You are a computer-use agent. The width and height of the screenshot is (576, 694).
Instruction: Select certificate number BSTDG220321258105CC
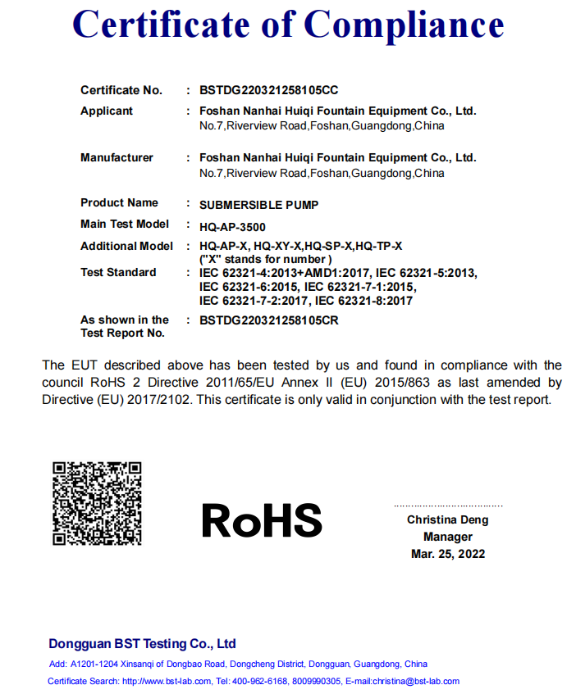click(x=268, y=90)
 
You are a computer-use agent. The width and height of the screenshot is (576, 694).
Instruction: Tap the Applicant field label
click(x=107, y=111)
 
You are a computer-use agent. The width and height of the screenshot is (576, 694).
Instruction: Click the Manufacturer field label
click(x=117, y=157)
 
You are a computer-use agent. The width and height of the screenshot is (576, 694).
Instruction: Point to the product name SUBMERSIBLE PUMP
click(x=258, y=204)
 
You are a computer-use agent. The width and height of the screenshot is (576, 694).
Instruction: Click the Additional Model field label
click(x=126, y=246)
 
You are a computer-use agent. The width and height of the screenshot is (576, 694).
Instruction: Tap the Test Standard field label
click(x=118, y=272)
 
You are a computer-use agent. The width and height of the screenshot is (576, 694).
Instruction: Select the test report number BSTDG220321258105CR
click(x=268, y=320)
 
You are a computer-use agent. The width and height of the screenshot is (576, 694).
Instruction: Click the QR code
click(x=97, y=503)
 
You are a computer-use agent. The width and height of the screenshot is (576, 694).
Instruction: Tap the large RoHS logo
click(x=262, y=519)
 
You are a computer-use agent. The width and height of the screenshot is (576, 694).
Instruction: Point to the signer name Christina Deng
click(x=447, y=519)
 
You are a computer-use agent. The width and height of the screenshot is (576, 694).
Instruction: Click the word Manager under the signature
click(x=448, y=537)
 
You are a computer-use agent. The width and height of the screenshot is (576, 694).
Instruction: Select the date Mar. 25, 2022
click(x=448, y=554)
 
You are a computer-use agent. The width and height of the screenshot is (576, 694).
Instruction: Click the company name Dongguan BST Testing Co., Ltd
click(x=142, y=643)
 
